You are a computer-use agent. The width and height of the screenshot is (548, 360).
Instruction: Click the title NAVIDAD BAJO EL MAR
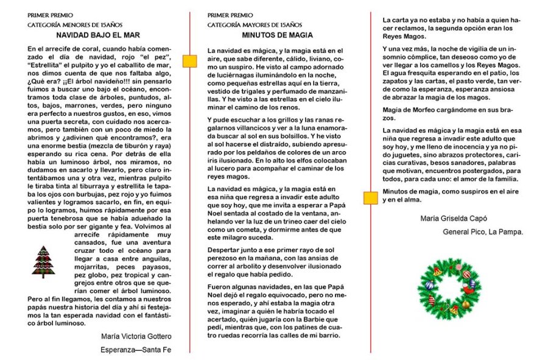tap(98, 35)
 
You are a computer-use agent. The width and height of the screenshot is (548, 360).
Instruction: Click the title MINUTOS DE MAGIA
tap(273, 35)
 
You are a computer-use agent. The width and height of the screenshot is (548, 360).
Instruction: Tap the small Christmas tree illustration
tap(43, 262)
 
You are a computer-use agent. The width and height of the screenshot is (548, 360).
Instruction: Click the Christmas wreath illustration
tap(449, 288)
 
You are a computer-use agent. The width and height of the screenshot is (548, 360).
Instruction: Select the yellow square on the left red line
tap(190, 61)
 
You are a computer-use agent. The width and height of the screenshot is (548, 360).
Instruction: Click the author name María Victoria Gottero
tap(136, 336)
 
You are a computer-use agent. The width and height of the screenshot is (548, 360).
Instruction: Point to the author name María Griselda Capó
tap(449, 219)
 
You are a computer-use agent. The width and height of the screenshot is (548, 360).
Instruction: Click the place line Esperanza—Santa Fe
tap(136, 350)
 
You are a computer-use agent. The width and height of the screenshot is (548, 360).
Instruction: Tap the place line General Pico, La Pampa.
tap(483, 232)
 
